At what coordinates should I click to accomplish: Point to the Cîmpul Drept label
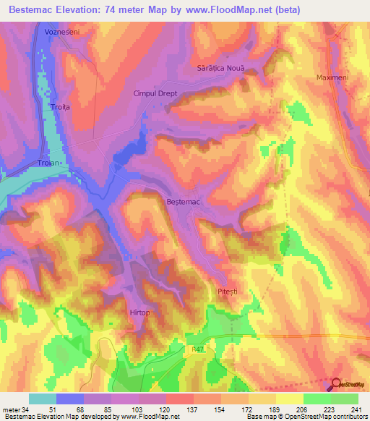[x=155, y=93]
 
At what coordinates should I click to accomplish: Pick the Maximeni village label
[x=333, y=77]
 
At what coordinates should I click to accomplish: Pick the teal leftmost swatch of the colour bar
[x=43, y=399]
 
